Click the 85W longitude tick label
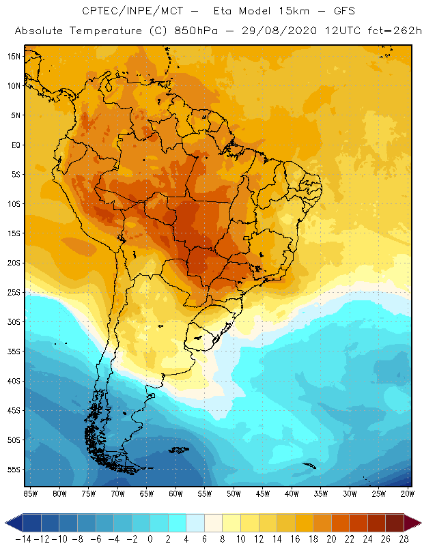[x=30, y=493]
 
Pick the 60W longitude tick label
[x=175, y=493]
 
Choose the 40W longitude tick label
[x=292, y=493]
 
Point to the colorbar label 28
[x=404, y=539]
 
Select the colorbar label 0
[x=150, y=539]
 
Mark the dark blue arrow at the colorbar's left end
[x=12, y=523]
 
